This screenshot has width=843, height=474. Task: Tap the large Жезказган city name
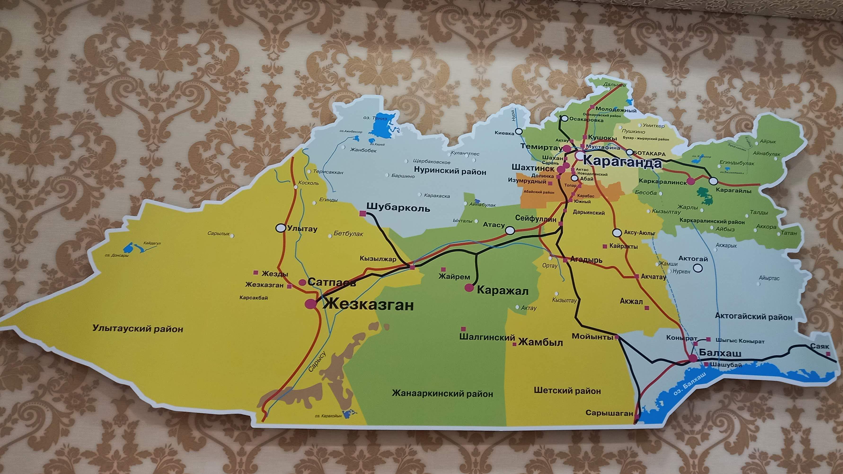(x=368, y=305)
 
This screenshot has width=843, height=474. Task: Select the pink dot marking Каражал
(x=469, y=288)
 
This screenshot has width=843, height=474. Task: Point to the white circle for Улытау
(x=280, y=228)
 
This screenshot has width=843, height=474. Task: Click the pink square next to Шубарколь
(x=362, y=214)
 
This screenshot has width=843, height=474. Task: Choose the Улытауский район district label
(x=138, y=329)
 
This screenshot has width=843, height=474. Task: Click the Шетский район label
(x=567, y=391)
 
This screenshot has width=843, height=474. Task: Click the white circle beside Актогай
(x=698, y=268)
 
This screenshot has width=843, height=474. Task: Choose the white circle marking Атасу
(x=510, y=231)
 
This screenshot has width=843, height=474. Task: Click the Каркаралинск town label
(x=663, y=182)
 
